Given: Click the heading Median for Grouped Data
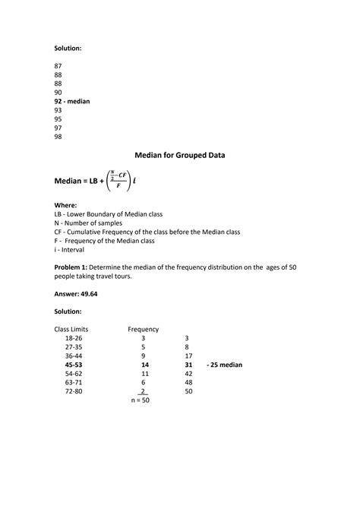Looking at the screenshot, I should click(180, 155).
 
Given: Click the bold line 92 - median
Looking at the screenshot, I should click(72, 101).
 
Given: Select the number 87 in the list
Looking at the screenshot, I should click(58, 66).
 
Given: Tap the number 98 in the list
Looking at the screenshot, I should click(58, 137).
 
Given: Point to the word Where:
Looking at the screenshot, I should click(66, 205).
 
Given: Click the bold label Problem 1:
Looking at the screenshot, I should click(76, 267).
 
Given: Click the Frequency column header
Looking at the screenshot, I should click(143, 329).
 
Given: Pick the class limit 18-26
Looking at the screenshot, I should click(74, 338).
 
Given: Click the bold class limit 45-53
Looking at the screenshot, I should click(74, 365).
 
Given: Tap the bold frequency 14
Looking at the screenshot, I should click(145, 365).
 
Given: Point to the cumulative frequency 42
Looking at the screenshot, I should click(188, 374).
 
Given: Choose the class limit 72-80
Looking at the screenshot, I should click(74, 391).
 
